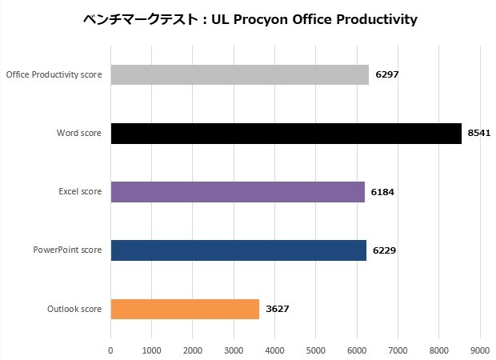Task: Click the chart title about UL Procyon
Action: click(x=250, y=19)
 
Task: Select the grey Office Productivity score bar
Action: click(x=239, y=74)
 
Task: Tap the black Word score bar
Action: click(x=286, y=133)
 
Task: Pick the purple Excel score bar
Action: click(x=238, y=192)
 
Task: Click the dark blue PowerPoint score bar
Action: click(x=238, y=250)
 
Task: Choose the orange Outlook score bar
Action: click(x=185, y=309)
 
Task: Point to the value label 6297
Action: click(x=387, y=74)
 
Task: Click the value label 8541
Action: click(x=480, y=133)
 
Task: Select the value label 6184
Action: click(x=383, y=192)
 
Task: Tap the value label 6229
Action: click(x=385, y=250)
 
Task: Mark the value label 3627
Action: click(x=278, y=309)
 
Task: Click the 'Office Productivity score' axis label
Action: click(x=54, y=74)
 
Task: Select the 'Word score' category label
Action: click(x=79, y=133)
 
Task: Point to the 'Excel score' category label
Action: click(x=80, y=192)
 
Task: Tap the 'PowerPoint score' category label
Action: click(x=67, y=250)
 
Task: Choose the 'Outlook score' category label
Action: click(x=75, y=309)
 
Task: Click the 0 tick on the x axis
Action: click(x=110, y=350)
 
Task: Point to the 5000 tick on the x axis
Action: click(x=316, y=350)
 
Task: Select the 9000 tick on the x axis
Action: click(x=480, y=350)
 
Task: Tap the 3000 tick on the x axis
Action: click(x=234, y=350)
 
